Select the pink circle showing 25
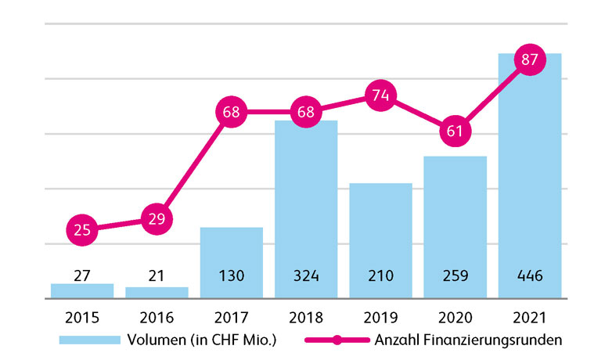[x=82, y=230]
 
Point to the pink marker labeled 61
[x=455, y=130]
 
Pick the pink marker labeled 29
[x=157, y=218]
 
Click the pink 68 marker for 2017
[x=231, y=112]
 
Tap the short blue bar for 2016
[x=157, y=293]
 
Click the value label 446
[x=530, y=275]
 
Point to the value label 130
[x=231, y=275]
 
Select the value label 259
[x=455, y=275]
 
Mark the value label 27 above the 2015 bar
[x=82, y=275]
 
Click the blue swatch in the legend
[x=90, y=340]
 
